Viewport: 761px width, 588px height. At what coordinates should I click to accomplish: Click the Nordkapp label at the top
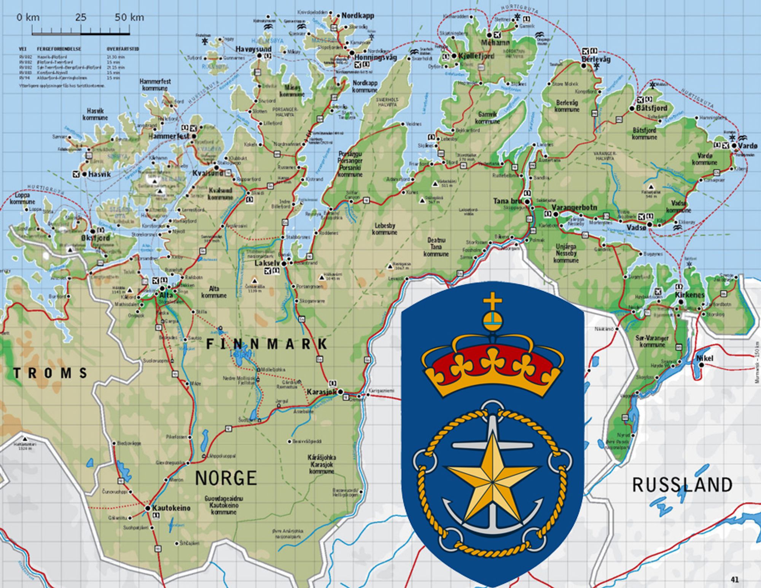[x=357, y=16]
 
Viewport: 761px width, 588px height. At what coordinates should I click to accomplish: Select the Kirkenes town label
[x=689, y=295]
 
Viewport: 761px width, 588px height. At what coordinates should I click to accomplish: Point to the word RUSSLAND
[x=682, y=485]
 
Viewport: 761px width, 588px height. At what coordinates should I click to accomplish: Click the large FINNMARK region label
[x=266, y=344]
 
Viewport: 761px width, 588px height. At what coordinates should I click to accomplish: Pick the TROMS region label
[x=51, y=373]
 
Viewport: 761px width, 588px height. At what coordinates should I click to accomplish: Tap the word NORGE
[x=226, y=478]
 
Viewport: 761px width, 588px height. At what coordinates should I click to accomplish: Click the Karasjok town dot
[x=341, y=392]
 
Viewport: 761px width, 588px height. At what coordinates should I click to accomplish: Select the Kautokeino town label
[x=171, y=508]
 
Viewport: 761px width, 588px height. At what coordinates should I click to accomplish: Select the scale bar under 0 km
[x=81, y=33]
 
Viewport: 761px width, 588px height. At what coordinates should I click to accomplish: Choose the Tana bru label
[x=507, y=201]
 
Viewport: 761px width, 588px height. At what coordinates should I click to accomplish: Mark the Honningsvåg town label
[x=376, y=57]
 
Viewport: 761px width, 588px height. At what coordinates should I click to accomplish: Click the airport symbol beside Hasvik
[x=76, y=174]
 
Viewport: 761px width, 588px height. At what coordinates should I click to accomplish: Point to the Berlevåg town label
[x=596, y=59]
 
